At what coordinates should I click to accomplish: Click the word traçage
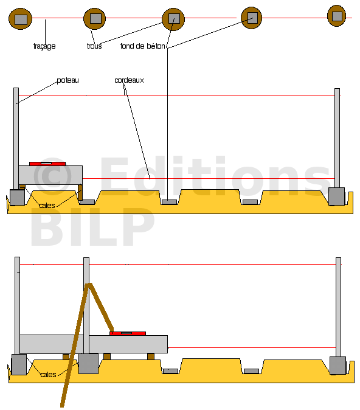click(44, 46)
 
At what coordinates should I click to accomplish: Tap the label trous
click(94, 46)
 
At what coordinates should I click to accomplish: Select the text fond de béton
click(143, 46)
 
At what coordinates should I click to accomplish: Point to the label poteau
click(67, 80)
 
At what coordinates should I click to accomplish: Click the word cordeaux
click(129, 80)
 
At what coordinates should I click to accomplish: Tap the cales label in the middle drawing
click(47, 206)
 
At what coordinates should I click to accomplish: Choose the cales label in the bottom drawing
click(48, 375)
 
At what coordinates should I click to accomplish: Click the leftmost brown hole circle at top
click(21, 19)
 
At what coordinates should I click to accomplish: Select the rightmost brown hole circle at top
click(337, 16)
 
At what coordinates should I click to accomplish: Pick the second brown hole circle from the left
click(95, 19)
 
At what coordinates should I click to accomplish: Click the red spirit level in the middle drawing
click(47, 164)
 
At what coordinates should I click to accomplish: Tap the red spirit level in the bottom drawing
click(128, 333)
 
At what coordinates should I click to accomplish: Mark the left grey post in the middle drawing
click(16, 139)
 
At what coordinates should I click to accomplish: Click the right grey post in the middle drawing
click(337, 138)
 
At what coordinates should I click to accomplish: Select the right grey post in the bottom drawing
click(338, 307)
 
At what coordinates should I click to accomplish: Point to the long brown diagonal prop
click(75, 345)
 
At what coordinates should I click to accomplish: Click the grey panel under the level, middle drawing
click(50, 175)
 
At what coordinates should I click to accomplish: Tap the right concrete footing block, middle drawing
click(337, 196)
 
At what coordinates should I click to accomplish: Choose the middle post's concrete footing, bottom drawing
click(89, 363)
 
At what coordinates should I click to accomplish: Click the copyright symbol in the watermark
click(52, 176)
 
